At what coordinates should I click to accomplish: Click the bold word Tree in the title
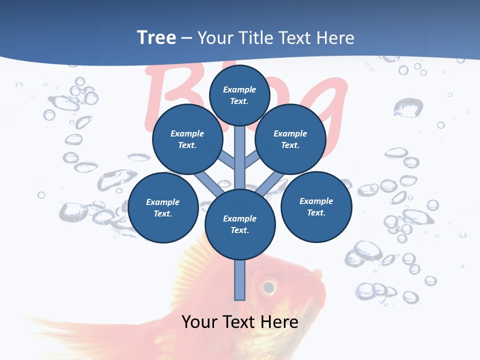point(156,38)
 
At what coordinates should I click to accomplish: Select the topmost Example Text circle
point(239,95)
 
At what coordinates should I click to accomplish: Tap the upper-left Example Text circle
point(187,139)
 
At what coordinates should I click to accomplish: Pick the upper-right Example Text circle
point(290,139)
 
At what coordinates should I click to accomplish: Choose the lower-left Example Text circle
point(163,207)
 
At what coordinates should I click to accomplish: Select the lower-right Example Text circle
point(316,206)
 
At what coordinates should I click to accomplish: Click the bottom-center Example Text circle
point(240,224)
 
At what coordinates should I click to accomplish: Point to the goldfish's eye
point(268,287)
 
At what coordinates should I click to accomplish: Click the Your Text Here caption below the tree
point(240,321)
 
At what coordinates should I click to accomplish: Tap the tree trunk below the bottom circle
point(240,280)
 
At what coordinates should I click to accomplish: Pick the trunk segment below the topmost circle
point(240,150)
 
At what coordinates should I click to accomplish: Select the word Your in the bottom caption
point(199,321)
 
